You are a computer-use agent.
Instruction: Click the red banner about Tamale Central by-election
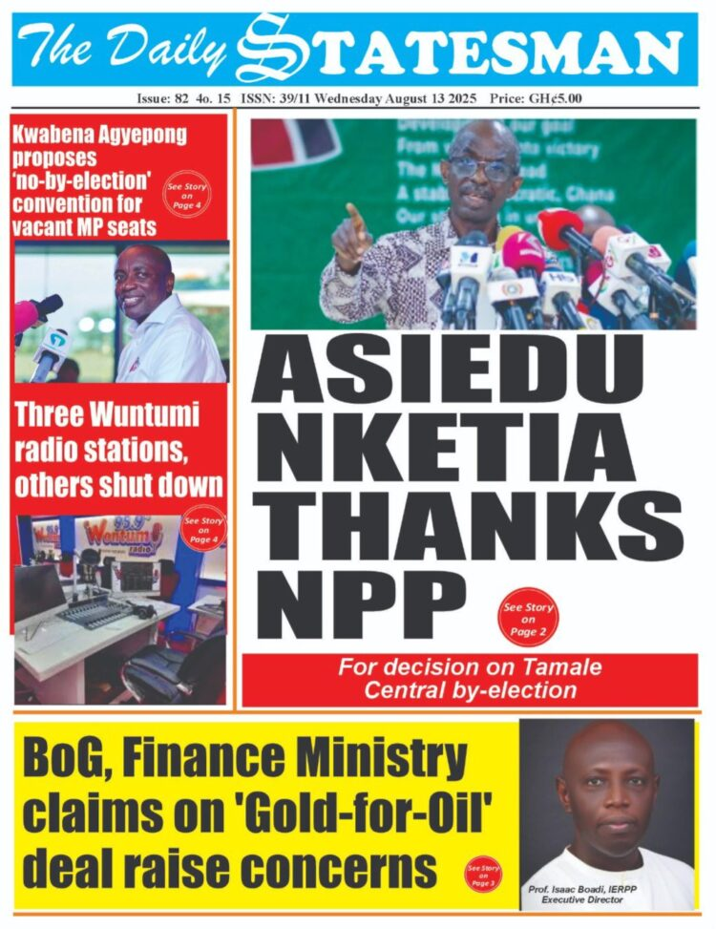pyautogui.click(x=470, y=678)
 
